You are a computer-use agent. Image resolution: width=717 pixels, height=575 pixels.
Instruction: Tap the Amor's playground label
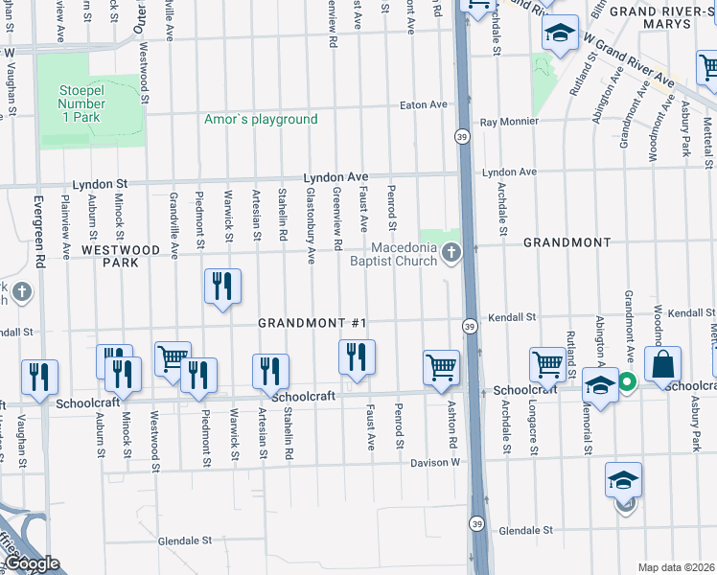(x=261, y=120)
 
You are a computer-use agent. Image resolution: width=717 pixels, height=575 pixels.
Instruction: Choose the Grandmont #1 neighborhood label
(x=313, y=324)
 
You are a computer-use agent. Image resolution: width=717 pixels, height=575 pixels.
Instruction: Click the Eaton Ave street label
(x=424, y=104)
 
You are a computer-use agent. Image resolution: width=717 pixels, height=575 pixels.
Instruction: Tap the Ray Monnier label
(x=509, y=123)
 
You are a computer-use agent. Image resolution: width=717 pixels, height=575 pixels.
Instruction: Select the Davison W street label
(x=436, y=462)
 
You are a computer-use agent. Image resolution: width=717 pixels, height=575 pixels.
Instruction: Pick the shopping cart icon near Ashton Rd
(x=441, y=367)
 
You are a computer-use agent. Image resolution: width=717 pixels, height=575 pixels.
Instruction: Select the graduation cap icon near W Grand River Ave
(x=560, y=35)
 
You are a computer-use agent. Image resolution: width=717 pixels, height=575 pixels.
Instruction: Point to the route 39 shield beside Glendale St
(x=475, y=523)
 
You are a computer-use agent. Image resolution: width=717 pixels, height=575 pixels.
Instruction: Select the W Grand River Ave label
(x=629, y=61)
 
